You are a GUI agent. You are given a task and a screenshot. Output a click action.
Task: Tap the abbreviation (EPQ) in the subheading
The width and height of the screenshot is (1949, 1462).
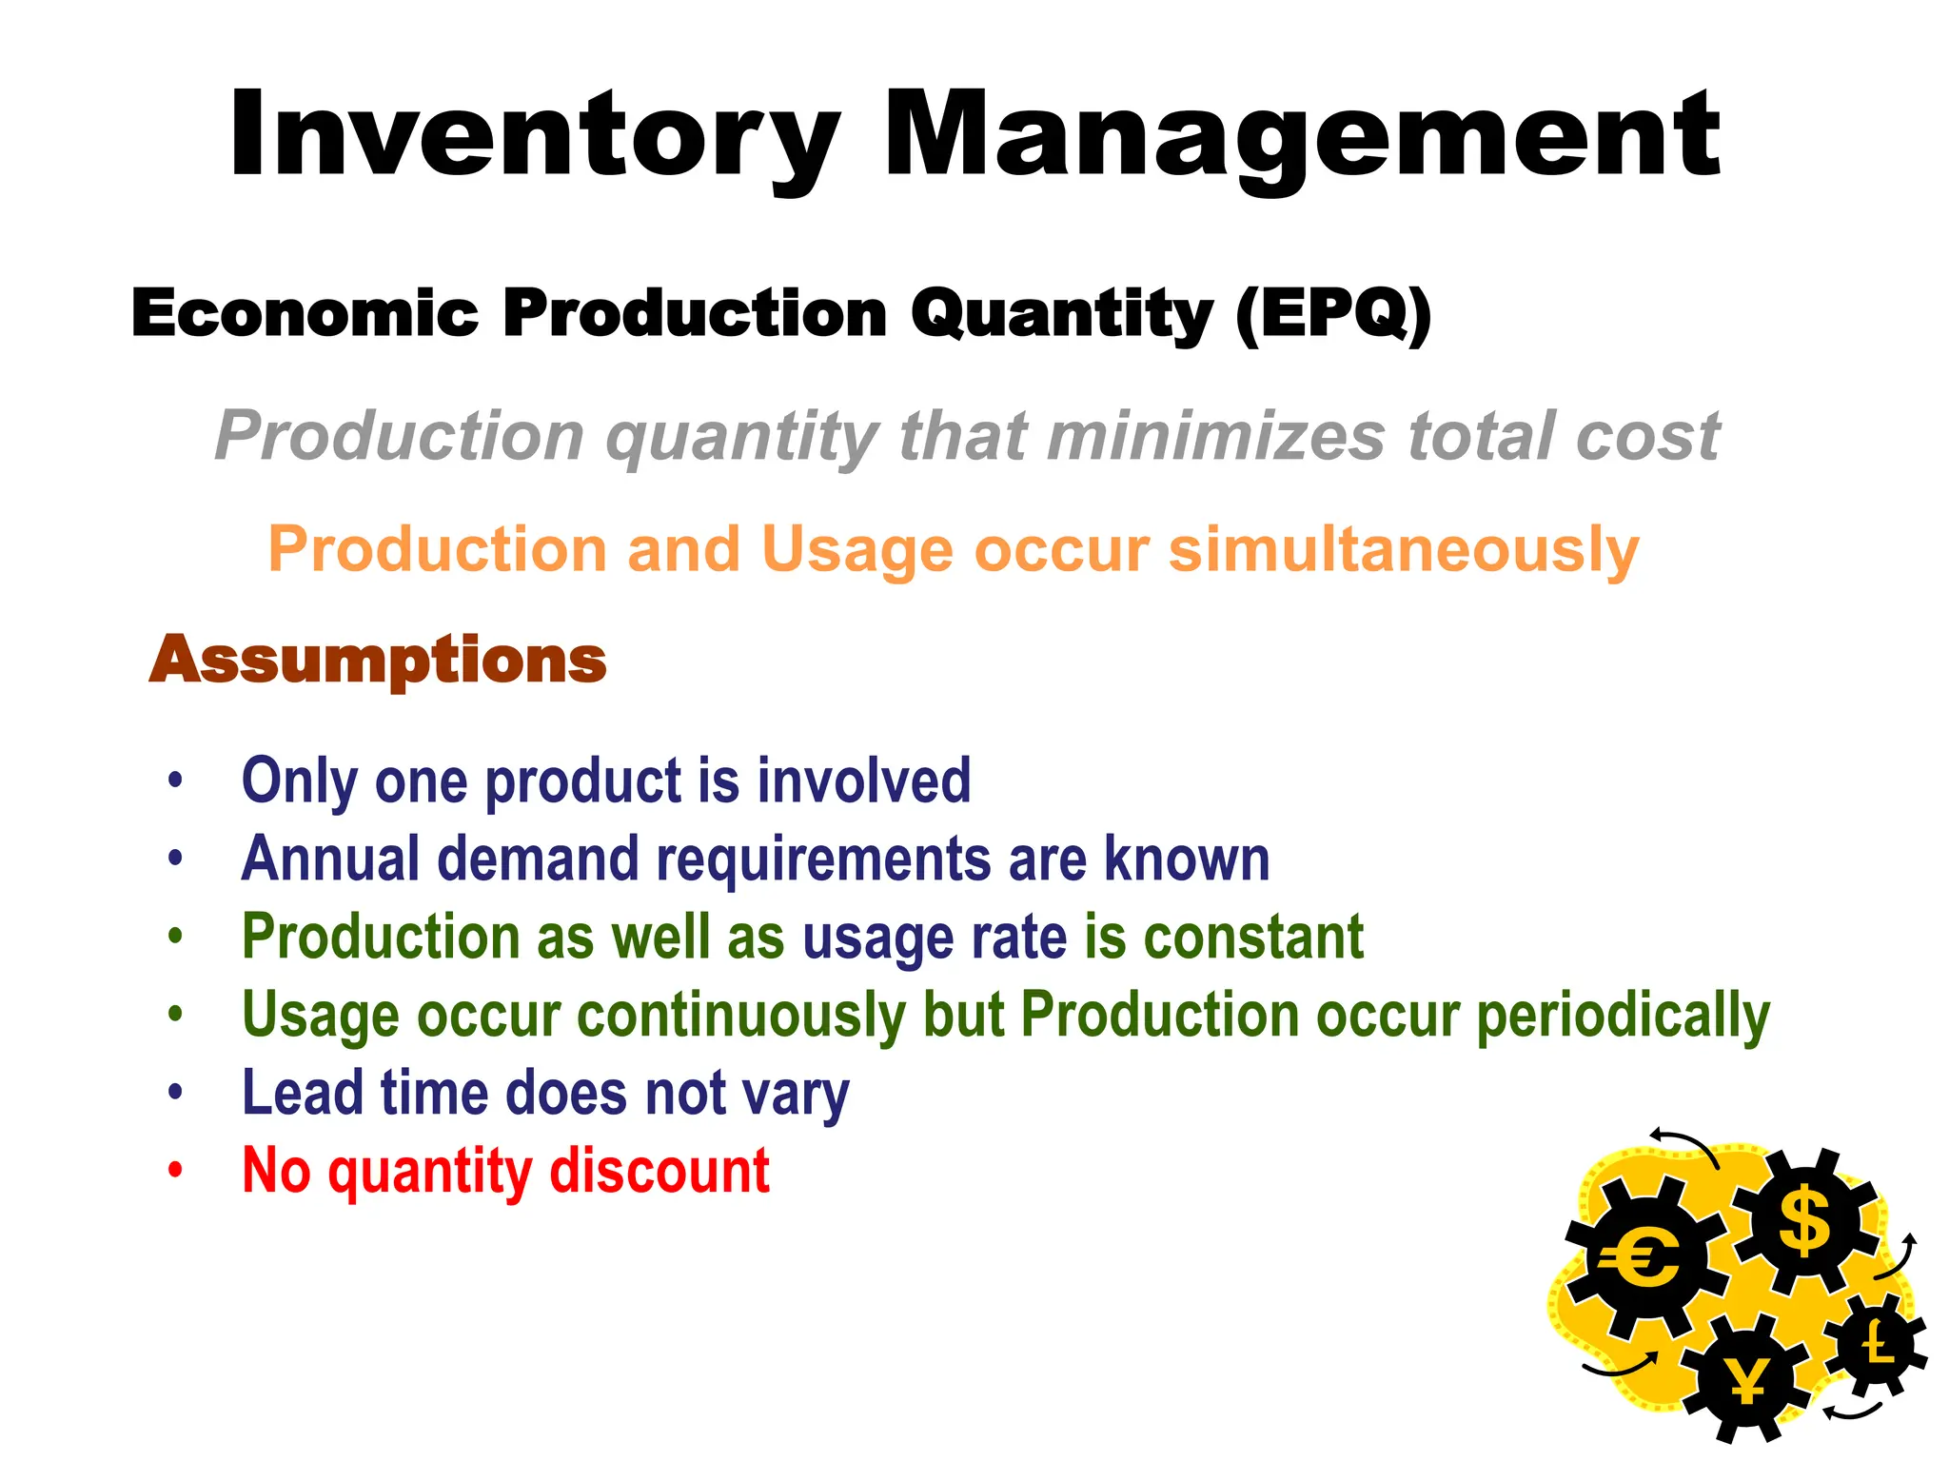(x=1332, y=314)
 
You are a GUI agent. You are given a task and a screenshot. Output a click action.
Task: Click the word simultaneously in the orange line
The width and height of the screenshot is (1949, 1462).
(x=1404, y=550)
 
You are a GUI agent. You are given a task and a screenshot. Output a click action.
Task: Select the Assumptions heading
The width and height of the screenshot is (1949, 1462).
(x=378, y=660)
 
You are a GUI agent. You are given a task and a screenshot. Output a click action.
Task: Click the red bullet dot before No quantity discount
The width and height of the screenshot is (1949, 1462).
(x=174, y=1169)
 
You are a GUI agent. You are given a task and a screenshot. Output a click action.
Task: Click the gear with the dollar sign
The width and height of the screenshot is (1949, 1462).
(x=1804, y=1221)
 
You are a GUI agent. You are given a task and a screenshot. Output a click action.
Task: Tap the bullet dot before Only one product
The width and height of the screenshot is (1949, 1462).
(x=174, y=780)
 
